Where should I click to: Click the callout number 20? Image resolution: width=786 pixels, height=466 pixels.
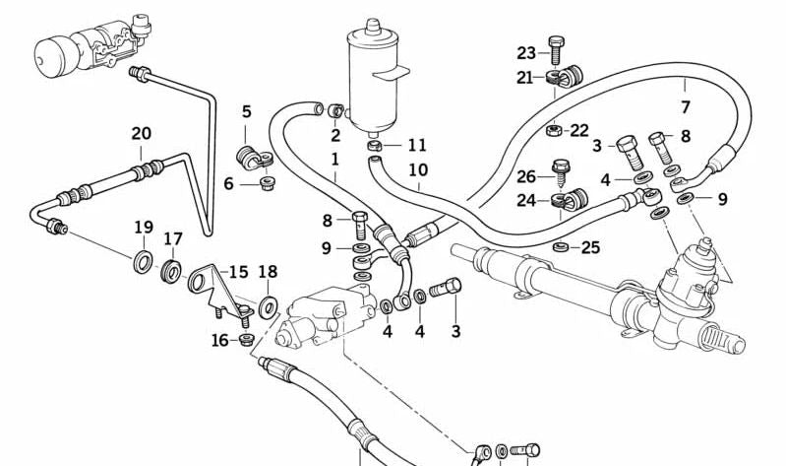click(141, 133)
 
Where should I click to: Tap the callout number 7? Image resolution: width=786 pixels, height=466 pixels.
click(686, 107)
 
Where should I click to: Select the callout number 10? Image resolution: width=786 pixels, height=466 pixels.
click(418, 170)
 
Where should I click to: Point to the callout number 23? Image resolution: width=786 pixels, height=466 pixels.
click(526, 53)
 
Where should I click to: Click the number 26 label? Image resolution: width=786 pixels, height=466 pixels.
click(526, 177)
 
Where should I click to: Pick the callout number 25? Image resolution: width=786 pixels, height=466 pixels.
click(590, 246)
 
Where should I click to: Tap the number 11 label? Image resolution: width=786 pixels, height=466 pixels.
click(417, 146)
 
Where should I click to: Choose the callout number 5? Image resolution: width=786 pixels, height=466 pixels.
click(246, 111)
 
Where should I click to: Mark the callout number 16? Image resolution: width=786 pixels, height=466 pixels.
click(220, 340)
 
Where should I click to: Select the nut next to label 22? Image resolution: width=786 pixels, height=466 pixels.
click(554, 128)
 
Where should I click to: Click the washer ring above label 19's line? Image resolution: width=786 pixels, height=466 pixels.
click(144, 262)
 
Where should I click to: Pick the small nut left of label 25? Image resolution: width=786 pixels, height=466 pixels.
click(561, 245)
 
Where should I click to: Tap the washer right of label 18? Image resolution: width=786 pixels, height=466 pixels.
click(268, 309)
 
